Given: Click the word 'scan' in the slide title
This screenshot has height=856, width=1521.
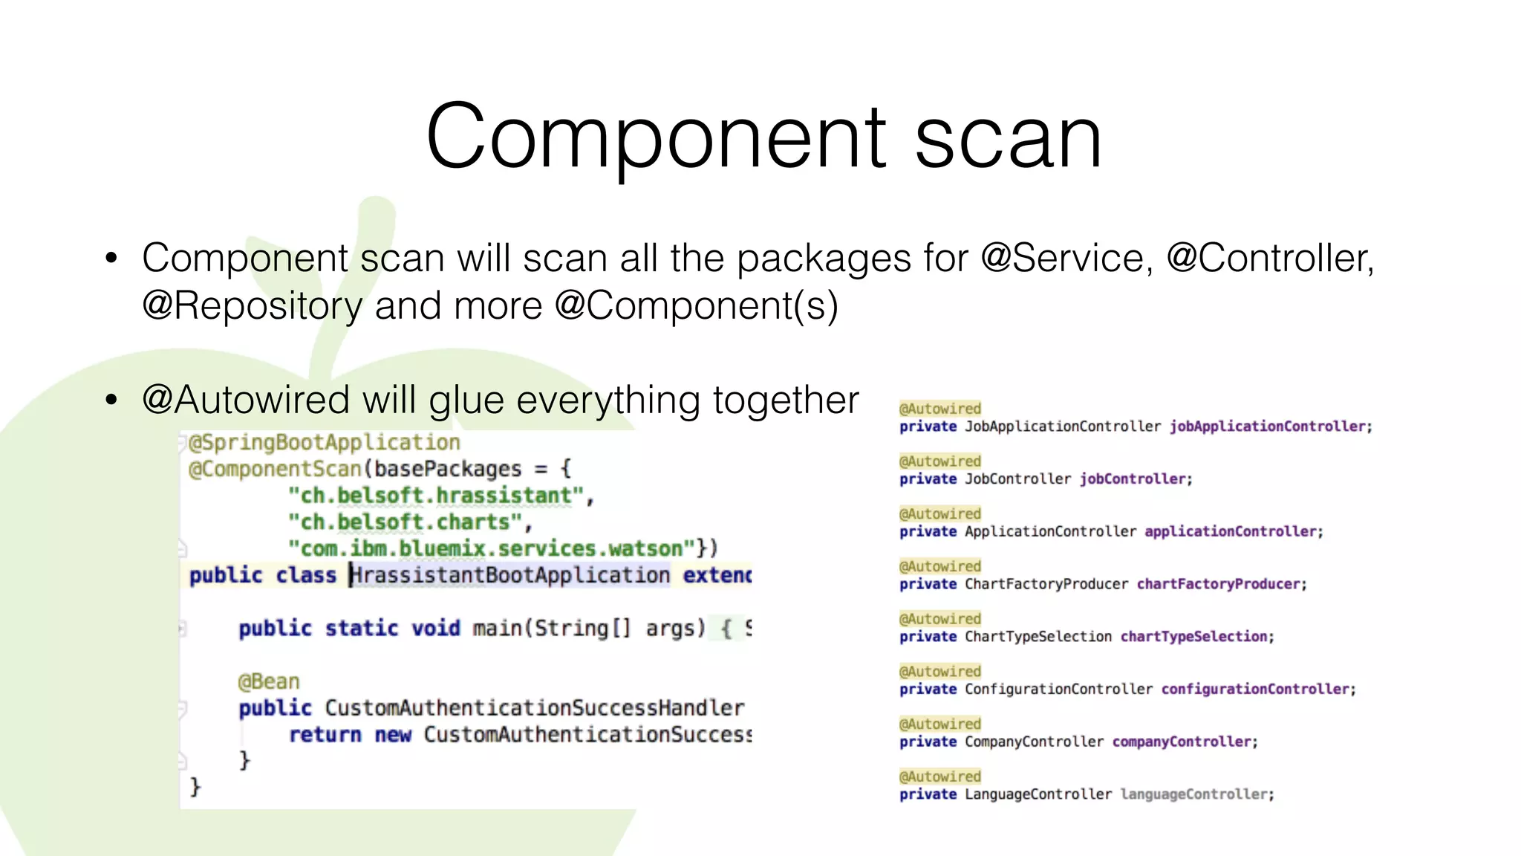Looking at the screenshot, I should click(x=1008, y=139).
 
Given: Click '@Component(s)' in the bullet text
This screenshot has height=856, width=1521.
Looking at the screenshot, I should click(x=697, y=306).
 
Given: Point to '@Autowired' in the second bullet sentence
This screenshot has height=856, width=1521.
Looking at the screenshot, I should click(x=246, y=401).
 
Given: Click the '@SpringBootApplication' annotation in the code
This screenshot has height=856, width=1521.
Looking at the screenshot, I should click(x=325, y=443).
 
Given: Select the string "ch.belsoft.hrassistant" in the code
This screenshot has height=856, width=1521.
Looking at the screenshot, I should click(x=436, y=496).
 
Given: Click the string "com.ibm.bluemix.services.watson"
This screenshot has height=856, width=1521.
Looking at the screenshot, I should click(x=492, y=549).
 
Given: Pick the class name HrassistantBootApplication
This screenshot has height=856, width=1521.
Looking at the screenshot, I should click(x=510, y=576).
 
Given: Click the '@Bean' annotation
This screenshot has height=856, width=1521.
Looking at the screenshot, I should click(x=269, y=682).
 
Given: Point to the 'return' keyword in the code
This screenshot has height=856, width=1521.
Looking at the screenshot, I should click(x=325, y=735).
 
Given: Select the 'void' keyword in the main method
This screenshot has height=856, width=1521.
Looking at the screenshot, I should click(x=436, y=629).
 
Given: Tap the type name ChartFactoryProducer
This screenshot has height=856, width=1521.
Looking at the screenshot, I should click(x=1046, y=584).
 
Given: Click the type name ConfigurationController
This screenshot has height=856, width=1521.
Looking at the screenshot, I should click(x=1058, y=690).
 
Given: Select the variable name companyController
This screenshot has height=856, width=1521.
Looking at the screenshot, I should click(x=1182, y=742).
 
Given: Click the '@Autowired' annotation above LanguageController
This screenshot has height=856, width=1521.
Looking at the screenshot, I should click(x=940, y=776).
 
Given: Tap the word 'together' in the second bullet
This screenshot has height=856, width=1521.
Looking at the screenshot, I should click(x=786, y=401).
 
